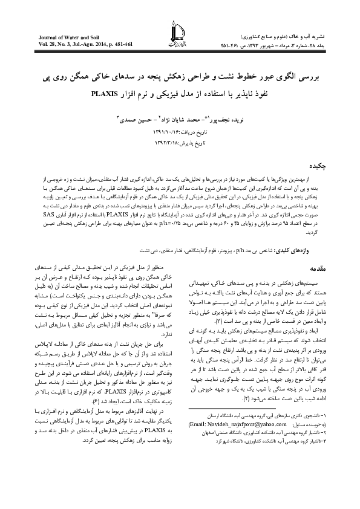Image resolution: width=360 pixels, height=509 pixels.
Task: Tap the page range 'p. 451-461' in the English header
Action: click(125, 45)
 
